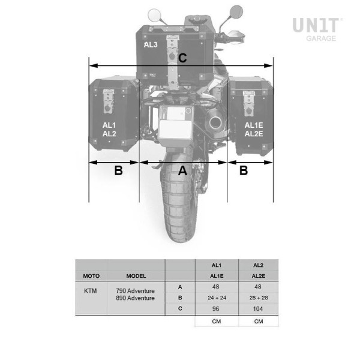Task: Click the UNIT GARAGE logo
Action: coord(317,29)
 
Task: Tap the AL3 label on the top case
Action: coord(151,45)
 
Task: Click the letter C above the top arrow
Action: coord(182,58)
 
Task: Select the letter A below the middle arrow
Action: coord(182,170)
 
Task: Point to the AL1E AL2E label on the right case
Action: coord(254,130)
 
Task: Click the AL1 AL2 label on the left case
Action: coord(109,130)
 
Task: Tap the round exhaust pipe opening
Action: coord(215,123)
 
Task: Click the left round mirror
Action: coord(154,15)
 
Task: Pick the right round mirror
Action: coord(236,11)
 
